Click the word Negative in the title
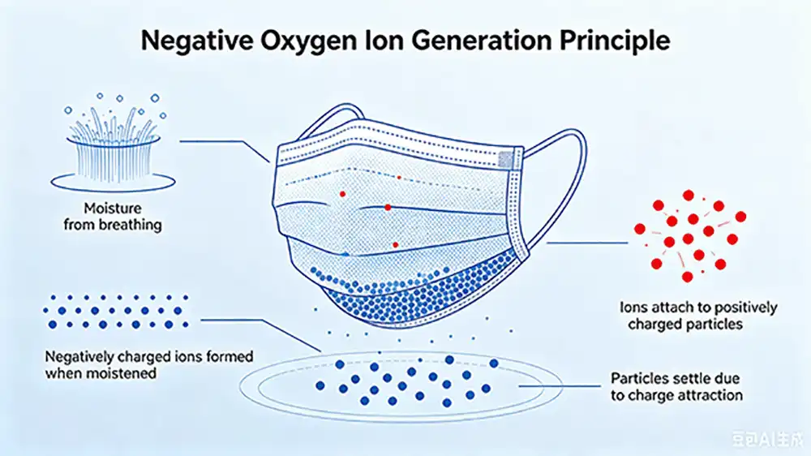click(196, 41)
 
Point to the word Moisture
click(113, 208)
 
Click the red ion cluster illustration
click(690, 235)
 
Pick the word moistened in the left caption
click(125, 373)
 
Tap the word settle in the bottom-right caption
click(690, 378)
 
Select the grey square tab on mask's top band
click(506, 160)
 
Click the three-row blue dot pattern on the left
click(116, 311)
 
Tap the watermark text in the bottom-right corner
click(767, 440)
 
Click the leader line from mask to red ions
click(587, 243)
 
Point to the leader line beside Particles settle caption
click(560, 386)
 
